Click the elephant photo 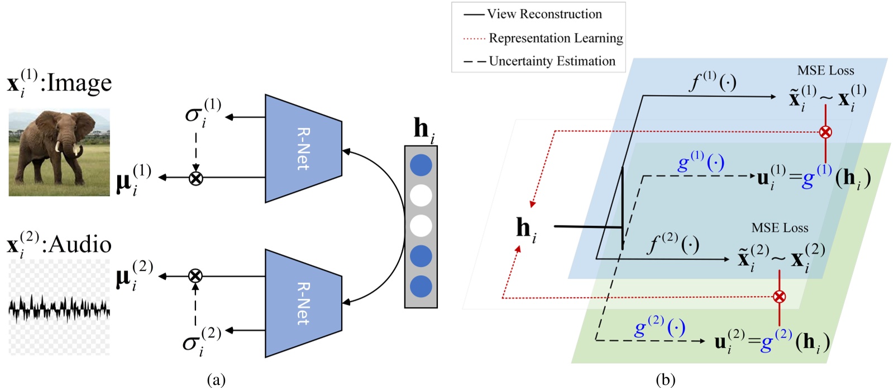59,152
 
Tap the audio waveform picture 59,308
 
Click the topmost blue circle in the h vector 421,166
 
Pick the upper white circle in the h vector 421,196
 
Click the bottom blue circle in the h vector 421,286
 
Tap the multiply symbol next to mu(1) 195,178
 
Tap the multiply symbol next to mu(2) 195,276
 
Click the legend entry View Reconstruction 545,14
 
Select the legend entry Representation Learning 556,38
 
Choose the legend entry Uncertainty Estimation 552,61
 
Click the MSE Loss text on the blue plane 825,70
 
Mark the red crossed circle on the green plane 780,296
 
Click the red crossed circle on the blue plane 825,132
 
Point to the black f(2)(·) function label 673,243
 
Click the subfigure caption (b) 665,380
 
